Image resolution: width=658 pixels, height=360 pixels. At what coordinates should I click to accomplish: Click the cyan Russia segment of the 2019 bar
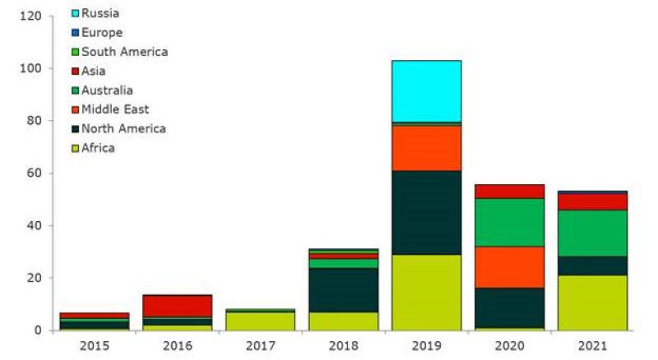[426, 91]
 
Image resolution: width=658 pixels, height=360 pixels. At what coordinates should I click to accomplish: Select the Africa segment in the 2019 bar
[426, 292]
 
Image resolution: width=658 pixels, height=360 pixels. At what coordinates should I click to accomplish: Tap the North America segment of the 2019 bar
[426, 212]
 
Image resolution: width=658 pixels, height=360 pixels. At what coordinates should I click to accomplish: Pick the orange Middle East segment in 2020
[509, 267]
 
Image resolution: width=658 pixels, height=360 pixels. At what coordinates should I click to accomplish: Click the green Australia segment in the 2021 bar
[592, 233]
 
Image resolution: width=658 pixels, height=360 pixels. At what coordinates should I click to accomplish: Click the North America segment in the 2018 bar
[343, 289]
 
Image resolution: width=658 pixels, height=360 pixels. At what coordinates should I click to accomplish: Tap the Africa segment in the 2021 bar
[592, 302]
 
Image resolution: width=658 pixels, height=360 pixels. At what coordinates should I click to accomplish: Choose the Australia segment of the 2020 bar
[509, 222]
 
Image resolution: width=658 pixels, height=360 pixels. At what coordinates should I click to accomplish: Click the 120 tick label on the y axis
[30, 16]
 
